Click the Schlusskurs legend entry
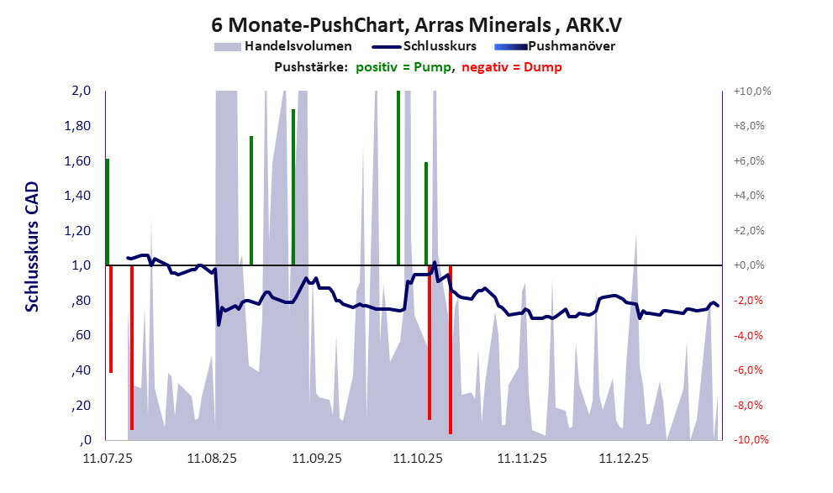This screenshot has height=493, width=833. pos(440,46)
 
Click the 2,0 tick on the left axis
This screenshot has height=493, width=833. pos(81,92)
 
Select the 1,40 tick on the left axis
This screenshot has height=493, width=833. pos(77,196)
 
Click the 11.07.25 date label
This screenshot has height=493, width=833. pos(108,459)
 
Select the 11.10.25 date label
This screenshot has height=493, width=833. pos(419,459)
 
